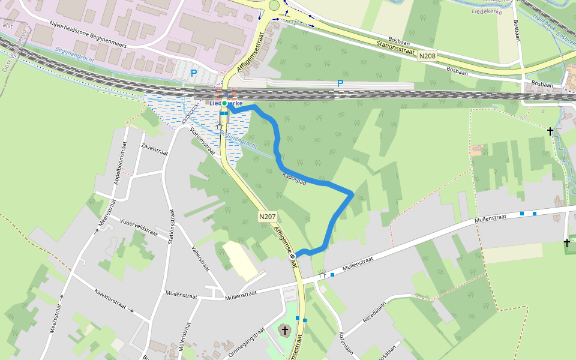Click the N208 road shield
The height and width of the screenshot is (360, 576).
[x=428, y=56]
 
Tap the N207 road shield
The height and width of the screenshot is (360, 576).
[x=267, y=216]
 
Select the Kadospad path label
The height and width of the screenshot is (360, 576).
[x=294, y=178]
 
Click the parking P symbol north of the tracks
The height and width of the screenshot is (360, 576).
[x=340, y=83]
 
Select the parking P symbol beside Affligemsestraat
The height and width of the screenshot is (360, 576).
[x=193, y=73]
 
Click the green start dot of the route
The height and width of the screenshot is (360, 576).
[x=224, y=103]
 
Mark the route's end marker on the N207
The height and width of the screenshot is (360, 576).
[x=293, y=256]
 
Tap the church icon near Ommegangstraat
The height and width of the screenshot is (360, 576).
[x=284, y=330]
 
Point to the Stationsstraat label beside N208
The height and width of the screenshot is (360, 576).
[x=396, y=47]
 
